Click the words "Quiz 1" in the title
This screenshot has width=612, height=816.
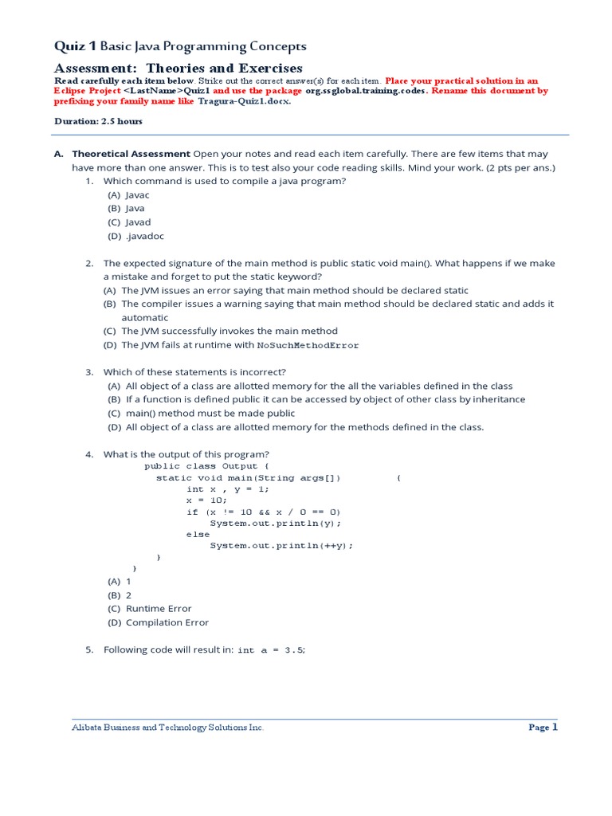pos(72,47)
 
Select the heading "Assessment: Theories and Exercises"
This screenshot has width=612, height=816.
pos(178,69)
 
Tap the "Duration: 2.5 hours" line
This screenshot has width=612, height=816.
pos(98,121)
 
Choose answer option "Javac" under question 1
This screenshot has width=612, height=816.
pos(138,194)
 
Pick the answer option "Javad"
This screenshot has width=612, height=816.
pos(138,222)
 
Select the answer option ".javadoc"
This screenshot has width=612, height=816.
pos(143,236)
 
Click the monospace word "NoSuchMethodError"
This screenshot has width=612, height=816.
pos(308,346)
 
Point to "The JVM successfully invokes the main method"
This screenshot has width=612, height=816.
pos(229,331)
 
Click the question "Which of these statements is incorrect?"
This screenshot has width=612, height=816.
pos(194,372)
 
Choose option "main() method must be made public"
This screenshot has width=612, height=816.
pos(210,414)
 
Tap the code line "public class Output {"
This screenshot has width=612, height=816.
pos(207,466)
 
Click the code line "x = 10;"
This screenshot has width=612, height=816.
pos(206,500)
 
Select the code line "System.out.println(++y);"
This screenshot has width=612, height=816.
pos(280,546)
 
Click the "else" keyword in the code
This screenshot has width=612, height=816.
pos(198,535)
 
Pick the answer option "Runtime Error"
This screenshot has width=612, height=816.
pos(159,609)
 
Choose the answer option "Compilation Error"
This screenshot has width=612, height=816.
pos(167,622)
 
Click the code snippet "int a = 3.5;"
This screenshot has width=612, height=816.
pos(272,650)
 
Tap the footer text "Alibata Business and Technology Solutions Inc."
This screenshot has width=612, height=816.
pos(167,728)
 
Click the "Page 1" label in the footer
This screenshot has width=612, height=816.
pos(543,728)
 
